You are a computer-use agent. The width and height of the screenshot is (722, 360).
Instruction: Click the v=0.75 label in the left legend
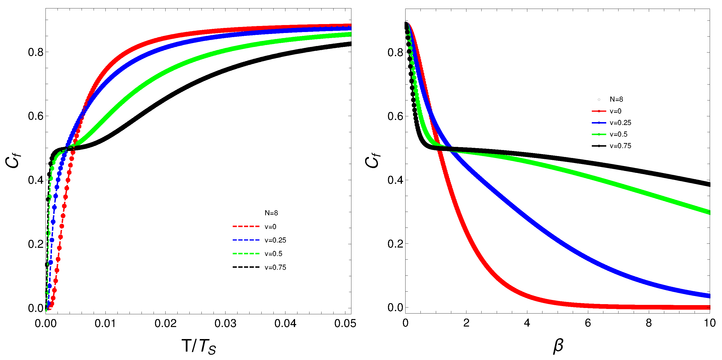[275, 268]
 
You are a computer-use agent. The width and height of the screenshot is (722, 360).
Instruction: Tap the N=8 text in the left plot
[271, 213]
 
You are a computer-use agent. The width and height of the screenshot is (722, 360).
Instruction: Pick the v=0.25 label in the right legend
[620, 123]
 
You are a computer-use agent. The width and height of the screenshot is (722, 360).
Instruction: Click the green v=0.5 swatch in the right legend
[599, 134]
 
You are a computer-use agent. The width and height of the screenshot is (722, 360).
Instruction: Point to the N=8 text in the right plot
[616, 99]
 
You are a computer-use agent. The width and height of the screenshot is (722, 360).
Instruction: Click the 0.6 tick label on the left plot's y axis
[36, 116]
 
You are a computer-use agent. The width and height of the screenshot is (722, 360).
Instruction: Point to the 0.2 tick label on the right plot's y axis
[395, 244]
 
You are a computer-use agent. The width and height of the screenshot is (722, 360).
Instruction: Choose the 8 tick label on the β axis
[649, 323]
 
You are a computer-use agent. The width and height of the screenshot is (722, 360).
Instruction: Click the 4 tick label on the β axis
[527, 323]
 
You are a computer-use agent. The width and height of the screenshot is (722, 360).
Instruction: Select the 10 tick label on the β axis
[709, 323]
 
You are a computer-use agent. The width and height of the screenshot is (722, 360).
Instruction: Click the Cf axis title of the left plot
[13, 160]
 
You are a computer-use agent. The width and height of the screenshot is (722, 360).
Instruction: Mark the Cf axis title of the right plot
[373, 160]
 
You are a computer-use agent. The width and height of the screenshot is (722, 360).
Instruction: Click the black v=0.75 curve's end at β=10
[709, 184]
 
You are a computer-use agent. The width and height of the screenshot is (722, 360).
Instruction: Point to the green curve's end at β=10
[709, 213]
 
